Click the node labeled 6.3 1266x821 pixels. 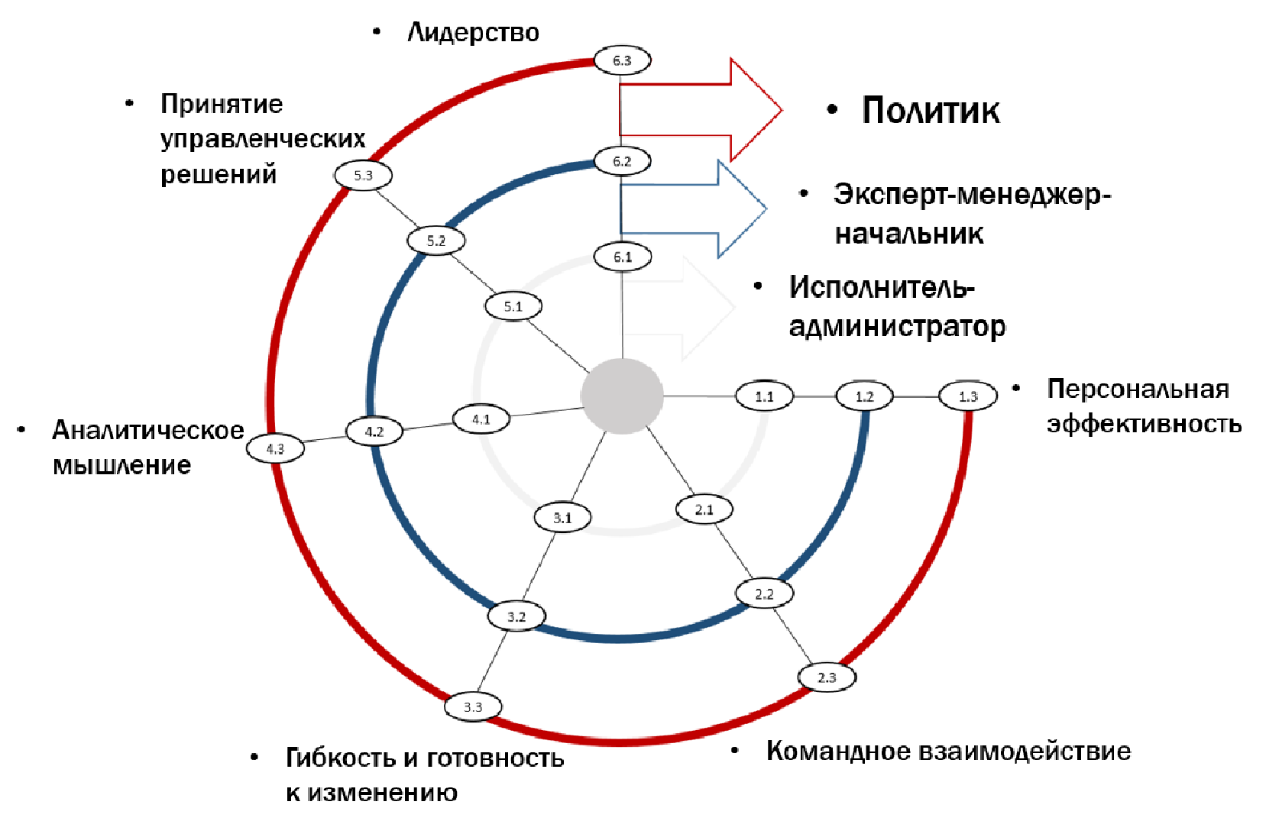[622, 60]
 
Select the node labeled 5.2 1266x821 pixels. [435, 241]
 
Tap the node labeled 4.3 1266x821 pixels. [275, 449]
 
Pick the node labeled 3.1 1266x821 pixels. [562, 518]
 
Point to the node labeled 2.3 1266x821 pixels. [827, 677]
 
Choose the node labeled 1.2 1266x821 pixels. [864, 396]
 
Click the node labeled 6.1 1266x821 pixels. [623, 257]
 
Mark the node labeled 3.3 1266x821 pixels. [473, 707]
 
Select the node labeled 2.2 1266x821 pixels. [764, 594]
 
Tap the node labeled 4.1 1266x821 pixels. [481, 419]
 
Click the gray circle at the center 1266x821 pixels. [622, 396]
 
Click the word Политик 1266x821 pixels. [930, 111]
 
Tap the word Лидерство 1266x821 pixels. [473, 33]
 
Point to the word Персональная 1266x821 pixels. [1138, 389]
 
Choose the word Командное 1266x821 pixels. [838, 751]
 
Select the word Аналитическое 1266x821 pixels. [148, 431]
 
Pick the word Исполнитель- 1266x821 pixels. [882, 288]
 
